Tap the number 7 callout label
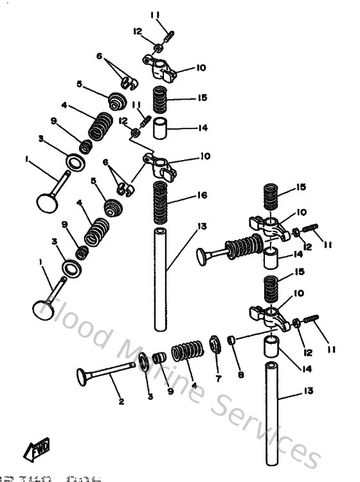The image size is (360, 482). coord(218,379)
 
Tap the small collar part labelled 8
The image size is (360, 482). coord(231,340)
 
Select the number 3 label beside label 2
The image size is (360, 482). coord(150,397)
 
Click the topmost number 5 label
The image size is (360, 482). coord(78,84)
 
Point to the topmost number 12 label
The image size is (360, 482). coord(137,31)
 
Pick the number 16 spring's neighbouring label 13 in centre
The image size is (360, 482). coord(201,226)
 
